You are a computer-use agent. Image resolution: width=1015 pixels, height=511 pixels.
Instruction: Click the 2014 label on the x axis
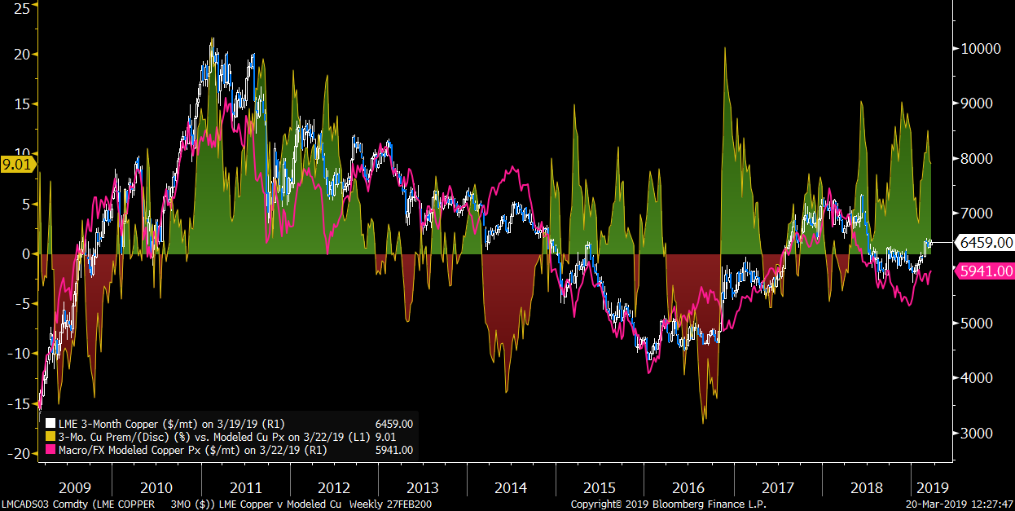511,488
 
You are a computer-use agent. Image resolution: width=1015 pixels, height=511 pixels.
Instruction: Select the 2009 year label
76,488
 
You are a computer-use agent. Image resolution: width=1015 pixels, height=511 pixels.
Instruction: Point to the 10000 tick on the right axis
980,48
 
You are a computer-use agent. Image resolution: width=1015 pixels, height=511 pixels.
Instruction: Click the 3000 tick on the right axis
977,433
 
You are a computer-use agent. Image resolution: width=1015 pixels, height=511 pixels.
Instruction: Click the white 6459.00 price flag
985,242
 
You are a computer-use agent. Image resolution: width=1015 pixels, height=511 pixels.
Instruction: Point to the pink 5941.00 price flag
985,271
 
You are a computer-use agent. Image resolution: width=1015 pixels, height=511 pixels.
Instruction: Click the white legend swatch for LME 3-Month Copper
50,424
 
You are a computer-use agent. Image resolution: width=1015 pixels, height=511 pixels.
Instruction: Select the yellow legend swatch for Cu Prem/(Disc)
50,437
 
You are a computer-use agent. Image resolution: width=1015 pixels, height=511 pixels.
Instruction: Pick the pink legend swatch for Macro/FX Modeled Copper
50,450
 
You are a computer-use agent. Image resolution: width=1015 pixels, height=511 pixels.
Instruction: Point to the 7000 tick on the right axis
977,213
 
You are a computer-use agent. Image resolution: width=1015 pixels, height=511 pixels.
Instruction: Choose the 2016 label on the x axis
688,488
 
